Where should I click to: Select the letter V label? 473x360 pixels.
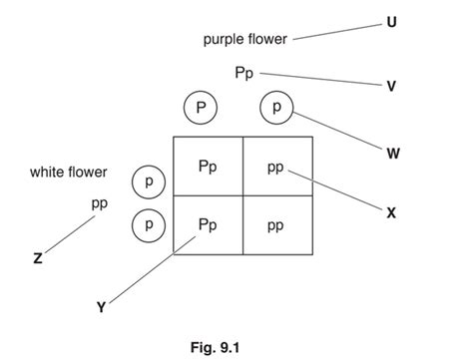click(391, 86)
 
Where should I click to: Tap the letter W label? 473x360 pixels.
click(391, 153)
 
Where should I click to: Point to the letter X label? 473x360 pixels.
click(391, 211)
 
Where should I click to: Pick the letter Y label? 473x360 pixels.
click(100, 308)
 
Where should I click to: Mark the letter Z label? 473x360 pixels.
click(37, 258)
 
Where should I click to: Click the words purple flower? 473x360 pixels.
click(244, 40)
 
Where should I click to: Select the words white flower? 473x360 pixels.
click(68, 173)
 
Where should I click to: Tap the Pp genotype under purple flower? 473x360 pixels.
click(244, 73)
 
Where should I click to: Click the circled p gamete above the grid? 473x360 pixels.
click(277, 107)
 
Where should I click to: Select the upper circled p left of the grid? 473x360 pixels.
click(149, 182)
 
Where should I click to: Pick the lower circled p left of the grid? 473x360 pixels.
click(149, 225)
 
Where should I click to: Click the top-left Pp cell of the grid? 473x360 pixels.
click(208, 167)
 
